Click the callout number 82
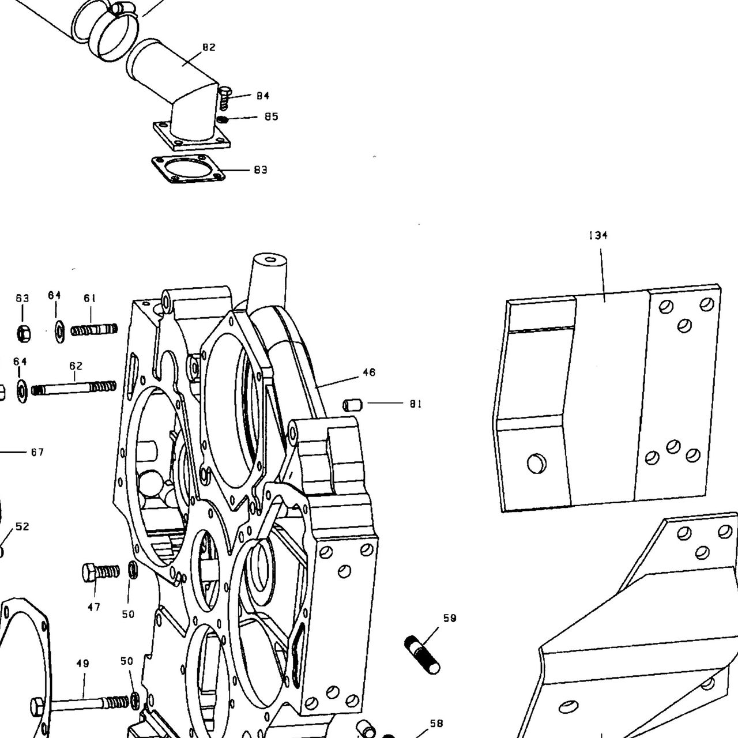point(209,47)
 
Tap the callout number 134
point(598,235)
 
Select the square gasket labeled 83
point(189,169)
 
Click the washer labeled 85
point(223,119)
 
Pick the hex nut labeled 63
point(24,333)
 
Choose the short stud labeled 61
point(94,329)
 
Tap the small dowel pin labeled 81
point(352,404)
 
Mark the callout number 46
point(369,372)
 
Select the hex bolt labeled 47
point(101,572)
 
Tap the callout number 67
point(37,452)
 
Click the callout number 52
point(22,526)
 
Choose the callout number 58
point(436,723)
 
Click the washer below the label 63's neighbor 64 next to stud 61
point(60,333)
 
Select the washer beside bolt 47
point(133,571)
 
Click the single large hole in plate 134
point(537,464)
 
